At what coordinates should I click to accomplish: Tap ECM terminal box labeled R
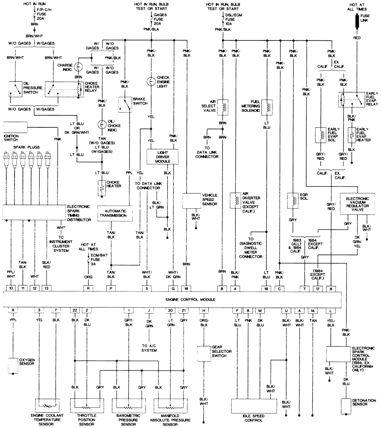88,288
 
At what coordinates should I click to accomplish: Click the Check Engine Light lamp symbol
151,81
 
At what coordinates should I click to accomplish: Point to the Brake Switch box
124,104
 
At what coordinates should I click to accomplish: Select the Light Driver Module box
163,156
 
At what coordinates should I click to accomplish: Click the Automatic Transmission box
115,212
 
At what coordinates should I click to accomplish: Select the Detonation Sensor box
346,407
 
